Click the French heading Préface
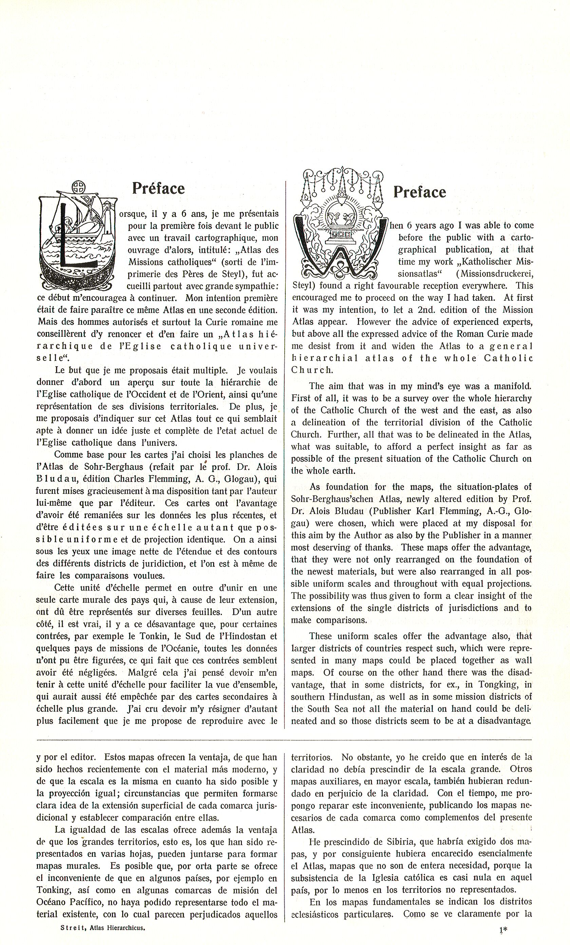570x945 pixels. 158,188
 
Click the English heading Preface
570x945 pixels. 419,192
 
